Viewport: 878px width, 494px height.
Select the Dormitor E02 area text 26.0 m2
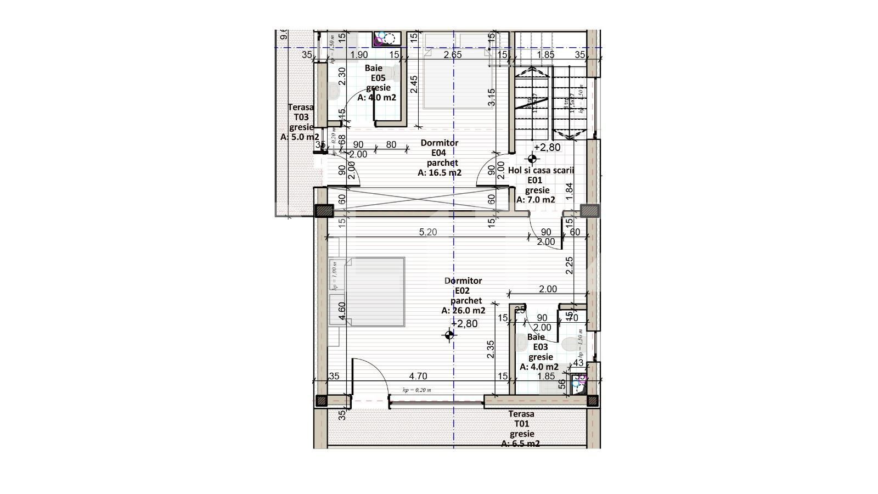[x=463, y=311]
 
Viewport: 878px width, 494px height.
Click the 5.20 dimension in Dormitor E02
[x=428, y=232]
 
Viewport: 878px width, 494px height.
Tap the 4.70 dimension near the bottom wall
[x=418, y=377]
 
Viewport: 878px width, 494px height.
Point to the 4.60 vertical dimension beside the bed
[x=342, y=311]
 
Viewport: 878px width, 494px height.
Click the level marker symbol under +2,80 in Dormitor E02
[x=450, y=335]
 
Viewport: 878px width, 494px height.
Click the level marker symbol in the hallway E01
[x=532, y=159]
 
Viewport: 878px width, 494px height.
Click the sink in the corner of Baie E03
[x=578, y=383]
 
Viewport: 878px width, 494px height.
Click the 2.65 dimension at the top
[x=453, y=55]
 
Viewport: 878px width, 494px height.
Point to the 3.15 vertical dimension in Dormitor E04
[x=491, y=97]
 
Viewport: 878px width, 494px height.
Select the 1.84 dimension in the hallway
[x=569, y=190]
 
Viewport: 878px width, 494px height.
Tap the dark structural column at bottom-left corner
[x=323, y=401]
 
